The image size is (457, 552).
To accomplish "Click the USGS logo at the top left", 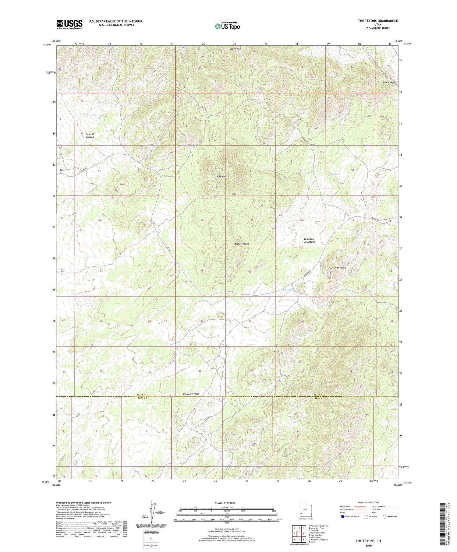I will pos(69,24).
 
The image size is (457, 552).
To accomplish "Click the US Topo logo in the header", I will pos(227,26).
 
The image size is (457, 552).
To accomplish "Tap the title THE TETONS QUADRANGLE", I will pos(378,21).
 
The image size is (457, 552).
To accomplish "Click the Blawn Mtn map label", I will pos(235,49).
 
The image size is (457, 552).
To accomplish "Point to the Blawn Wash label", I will pos(389,83).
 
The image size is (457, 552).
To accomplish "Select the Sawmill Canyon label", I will pos(90,135).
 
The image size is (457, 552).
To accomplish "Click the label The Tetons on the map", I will pos(220,177).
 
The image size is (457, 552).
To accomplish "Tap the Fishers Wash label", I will pos(242,244).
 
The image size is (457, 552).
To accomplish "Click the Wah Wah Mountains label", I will pos(310,241).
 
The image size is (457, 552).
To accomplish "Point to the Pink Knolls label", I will pos(340,268).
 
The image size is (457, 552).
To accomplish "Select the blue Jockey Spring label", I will pos(287,290).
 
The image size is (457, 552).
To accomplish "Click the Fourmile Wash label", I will pos(191,394).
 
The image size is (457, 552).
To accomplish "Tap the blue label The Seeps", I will pos(335,174).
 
